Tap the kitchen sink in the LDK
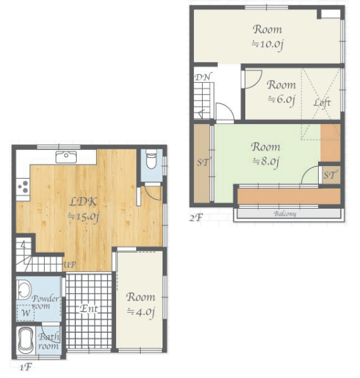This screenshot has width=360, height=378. pyautogui.click(x=67, y=157)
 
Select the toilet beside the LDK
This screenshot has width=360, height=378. pyautogui.click(x=151, y=161)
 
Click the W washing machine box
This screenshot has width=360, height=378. pyautogui.click(x=25, y=312)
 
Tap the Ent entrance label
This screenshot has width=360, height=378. pyautogui.click(x=89, y=309)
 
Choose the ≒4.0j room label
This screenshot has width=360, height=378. pyautogui.click(x=141, y=311)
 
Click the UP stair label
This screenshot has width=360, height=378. pyautogui.click(x=69, y=265)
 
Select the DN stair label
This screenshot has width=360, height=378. pyautogui.click(x=203, y=77)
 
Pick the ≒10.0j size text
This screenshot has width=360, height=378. pyautogui.click(x=267, y=45)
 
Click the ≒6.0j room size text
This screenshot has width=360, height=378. pyautogui.click(x=281, y=99)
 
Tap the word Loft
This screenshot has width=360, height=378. pyautogui.click(x=322, y=103)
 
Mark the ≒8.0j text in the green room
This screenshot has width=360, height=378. pyautogui.click(x=265, y=161)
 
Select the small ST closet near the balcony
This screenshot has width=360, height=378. pyautogui.click(x=330, y=175)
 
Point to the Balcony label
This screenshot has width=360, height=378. pyautogui.click(x=285, y=214)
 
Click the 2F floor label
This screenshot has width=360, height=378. pyautogui.click(x=195, y=217)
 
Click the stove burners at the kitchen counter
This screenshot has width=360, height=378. pyautogui.click(x=23, y=187)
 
